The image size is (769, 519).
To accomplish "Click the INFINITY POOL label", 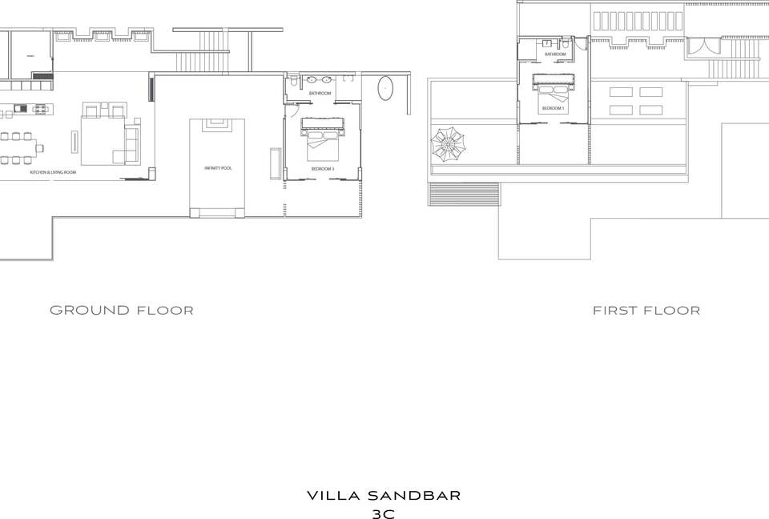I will point(217,168).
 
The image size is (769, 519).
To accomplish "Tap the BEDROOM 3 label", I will point(323,169).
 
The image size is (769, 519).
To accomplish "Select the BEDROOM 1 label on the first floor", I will point(553,108).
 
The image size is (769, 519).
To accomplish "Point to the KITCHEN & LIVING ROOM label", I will point(53,172).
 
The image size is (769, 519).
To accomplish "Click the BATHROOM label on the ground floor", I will point(321,94).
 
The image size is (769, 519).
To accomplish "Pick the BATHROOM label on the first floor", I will point(555,54).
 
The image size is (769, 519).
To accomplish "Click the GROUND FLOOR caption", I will point(122,310).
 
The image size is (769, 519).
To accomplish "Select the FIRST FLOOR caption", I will point(646,310).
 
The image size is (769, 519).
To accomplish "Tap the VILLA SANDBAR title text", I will point(384,496).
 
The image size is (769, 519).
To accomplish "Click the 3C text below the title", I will point(384,513).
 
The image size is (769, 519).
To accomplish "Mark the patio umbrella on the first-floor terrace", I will point(447,145).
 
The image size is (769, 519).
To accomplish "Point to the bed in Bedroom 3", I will point(321,138).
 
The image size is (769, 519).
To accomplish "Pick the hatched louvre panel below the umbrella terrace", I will point(464,195).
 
